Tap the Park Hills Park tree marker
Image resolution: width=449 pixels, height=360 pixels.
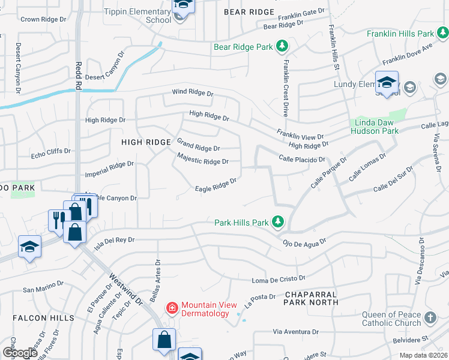click(277, 222)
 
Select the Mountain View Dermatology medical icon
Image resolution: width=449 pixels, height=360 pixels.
click(172, 308)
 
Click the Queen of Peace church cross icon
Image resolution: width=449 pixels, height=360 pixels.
click(430, 318)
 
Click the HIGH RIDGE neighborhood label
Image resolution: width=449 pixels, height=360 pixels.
click(146, 142)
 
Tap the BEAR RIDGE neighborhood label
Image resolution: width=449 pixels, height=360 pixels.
click(249, 12)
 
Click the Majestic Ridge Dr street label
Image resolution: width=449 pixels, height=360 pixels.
click(203, 158)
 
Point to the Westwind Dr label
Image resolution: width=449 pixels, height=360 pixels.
click(125, 289)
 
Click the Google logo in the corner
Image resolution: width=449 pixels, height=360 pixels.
click(20, 353)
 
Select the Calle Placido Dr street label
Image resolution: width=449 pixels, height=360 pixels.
click(302, 159)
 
